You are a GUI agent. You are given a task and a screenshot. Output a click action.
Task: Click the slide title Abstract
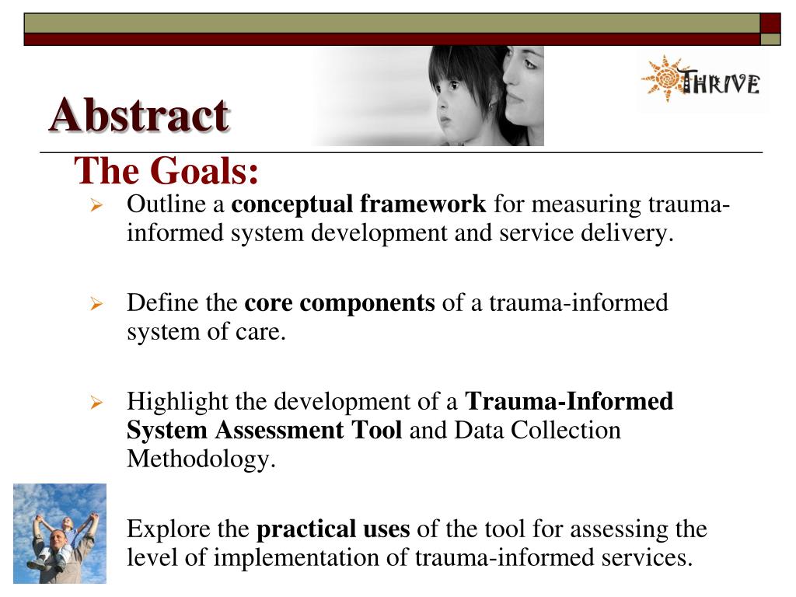[138, 116]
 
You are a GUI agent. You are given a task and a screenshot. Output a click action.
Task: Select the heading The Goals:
[166, 171]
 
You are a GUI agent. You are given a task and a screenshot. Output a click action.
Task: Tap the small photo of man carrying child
[60, 533]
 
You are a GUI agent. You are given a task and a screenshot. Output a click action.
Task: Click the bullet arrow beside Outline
[97, 206]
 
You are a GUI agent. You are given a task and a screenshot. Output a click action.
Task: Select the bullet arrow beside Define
[97, 304]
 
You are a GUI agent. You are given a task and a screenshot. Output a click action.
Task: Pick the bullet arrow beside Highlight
[97, 403]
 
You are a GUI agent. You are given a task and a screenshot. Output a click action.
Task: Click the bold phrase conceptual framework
[359, 204]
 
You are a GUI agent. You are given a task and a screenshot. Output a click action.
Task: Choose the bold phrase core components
[340, 302]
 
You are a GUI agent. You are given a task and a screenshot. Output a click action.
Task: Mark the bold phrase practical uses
[333, 529]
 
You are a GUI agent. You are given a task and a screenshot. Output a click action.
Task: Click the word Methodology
[201, 459]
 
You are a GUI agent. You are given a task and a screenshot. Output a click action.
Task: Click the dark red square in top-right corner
[770, 23]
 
